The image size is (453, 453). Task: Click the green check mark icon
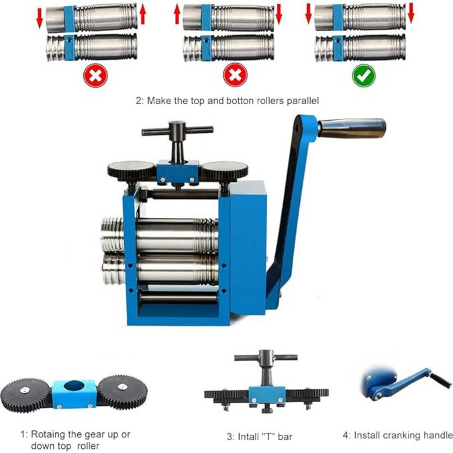364,75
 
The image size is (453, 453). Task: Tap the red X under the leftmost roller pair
96,75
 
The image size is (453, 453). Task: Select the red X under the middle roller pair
235,75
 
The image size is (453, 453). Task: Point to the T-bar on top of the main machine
177,131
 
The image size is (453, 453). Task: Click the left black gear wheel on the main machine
131,170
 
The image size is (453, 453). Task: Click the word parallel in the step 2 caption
303,101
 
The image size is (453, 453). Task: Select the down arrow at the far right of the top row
411,13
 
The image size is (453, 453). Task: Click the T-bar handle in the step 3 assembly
265,357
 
